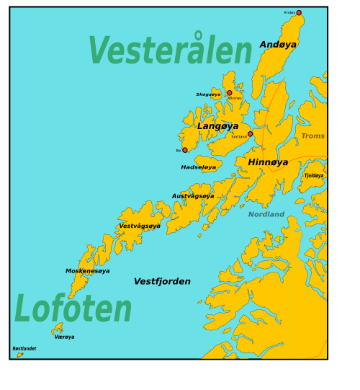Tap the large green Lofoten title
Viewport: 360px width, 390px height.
click(x=73, y=309)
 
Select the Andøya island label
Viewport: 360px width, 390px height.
click(x=278, y=45)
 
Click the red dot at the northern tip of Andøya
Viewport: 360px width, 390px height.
click(x=299, y=12)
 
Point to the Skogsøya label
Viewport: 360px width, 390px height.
click(x=208, y=94)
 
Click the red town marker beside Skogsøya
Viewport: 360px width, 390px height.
click(x=230, y=92)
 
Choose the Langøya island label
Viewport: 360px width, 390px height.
click(x=217, y=126)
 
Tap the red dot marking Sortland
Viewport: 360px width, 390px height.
click(x=250, y=134)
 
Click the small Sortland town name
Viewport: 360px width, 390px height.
click(x=238, y=136)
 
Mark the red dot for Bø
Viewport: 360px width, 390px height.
click(x=185, y=150)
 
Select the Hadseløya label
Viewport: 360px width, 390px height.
click(x=198, y=167)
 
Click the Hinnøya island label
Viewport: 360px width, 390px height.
click(x=268, y=162)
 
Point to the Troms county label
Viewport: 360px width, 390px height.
click(x=312, y=136)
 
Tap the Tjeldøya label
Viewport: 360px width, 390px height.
click(x=313, y=175)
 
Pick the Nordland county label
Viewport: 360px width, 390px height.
click(x=266, y=214)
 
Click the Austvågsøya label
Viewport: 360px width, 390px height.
click(x=192, y=196)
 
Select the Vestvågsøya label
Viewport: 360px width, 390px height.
click(x=140, y=226)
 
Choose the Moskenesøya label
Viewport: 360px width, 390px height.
click(x=87, y=271)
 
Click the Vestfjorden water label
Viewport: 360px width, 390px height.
click(x=162, y=281)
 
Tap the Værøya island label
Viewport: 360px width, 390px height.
click(x=64, y=337)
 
